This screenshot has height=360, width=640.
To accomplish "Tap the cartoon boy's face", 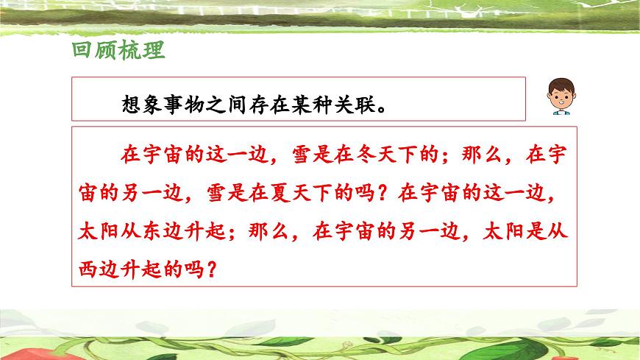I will pyautogui.click(x=558, y=98).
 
